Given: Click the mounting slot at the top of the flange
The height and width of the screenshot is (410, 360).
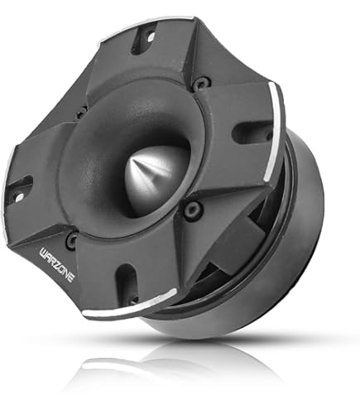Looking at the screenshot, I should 144,37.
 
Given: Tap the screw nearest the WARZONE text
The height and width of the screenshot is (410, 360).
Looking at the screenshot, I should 72,240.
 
